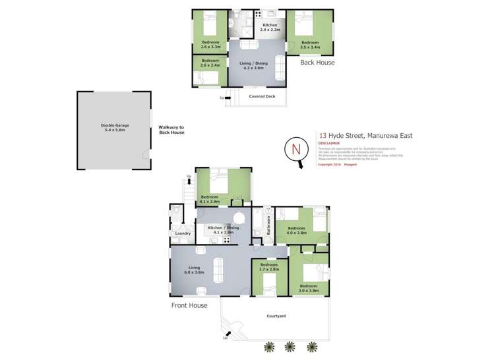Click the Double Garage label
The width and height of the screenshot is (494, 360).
point(113,129)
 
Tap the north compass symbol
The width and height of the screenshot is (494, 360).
point(295,149)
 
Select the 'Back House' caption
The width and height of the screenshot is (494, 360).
point(317,63)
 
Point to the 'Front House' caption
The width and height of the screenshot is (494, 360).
point(190,305)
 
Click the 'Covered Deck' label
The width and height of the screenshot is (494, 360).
point(262,96)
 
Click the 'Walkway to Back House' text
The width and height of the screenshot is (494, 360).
point(171,130)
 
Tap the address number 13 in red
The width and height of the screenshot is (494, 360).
point(322,136)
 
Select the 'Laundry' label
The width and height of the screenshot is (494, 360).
point(183,233)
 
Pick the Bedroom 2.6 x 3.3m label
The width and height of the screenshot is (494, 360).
point(210,45)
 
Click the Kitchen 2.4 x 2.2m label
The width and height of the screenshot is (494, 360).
point(270,27)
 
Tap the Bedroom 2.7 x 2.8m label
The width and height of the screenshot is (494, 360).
point(269,267)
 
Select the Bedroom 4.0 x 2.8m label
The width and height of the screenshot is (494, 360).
point(296,231)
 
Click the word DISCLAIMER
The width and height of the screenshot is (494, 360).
point(328,142)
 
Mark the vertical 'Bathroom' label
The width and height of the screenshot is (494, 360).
point(269,225)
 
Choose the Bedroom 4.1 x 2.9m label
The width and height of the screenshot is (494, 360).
point(210,199)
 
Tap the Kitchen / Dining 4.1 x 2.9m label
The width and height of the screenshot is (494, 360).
point(224,230)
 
